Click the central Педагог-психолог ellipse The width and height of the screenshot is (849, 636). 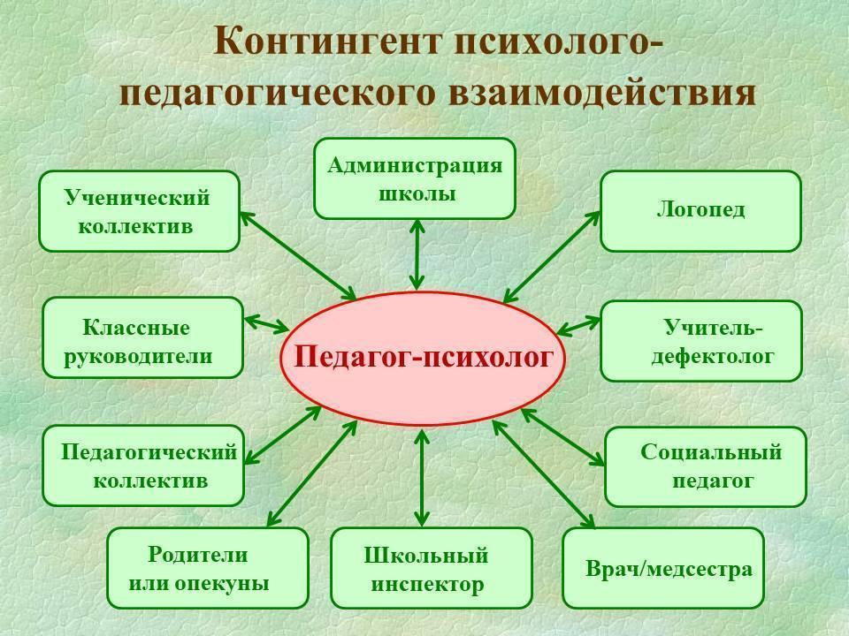click(423, 358)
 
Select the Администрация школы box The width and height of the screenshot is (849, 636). click(414, 178)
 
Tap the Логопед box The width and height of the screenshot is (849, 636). click(700, 210)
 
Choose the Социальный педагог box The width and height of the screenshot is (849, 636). click(705, 466)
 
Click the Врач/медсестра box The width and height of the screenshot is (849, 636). click(662, 567)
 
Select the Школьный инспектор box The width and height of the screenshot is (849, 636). click(431, 568)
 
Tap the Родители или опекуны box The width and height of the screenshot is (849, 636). click(207, 568)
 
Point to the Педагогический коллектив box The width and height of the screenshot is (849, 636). click(142, 466)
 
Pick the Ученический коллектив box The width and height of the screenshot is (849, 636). click(139, 211)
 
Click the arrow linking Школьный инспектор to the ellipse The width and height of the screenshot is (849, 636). click(422, 477)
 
